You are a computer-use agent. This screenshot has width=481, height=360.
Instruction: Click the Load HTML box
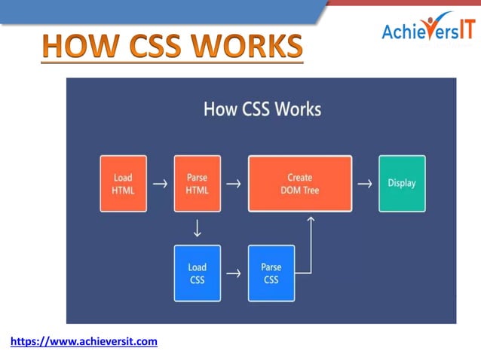coord(123,184)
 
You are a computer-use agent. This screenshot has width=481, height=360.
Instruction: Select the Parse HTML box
coord(197,184)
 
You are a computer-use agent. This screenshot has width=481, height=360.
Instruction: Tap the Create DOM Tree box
coord(300,184)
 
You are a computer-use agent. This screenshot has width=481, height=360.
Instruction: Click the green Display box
coord(401,183)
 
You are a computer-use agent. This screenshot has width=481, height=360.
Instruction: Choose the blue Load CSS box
coord(197,273)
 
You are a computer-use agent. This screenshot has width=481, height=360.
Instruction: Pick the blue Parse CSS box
coord(271,273)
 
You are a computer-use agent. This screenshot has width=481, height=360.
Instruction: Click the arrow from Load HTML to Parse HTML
coord(160,184)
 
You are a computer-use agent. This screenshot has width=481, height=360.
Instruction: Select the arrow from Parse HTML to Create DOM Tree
coord(234,184)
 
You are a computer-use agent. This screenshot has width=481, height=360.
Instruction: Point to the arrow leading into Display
coord(365,184)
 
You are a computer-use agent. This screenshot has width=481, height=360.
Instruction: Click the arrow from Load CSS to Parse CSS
coord(234,273)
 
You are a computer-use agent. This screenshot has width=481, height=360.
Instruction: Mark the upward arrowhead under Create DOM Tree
coord(310,221)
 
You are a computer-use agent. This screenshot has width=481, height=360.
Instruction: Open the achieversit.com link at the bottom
coord(84,342)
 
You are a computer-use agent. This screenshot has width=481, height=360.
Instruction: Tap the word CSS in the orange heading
coord(147,47)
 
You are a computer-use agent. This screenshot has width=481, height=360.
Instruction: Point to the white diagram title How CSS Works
coord(262,109)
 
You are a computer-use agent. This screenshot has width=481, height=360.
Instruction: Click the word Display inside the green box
coord(401,183)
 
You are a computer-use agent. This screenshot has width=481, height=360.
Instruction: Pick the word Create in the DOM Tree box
coord(300,178)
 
